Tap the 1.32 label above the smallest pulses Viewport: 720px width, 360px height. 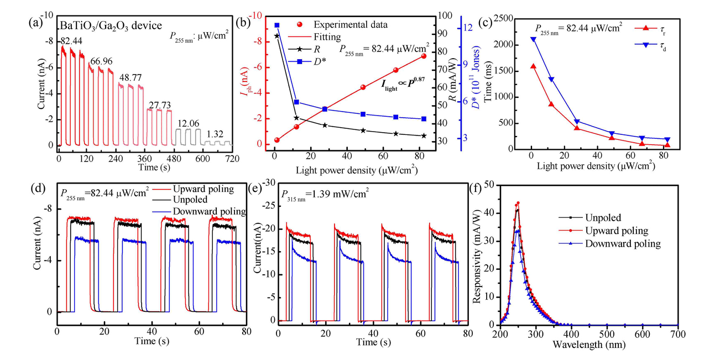tap(215, 134)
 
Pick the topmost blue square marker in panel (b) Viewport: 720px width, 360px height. tap(277, 25)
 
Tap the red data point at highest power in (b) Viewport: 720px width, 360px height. tap(424, 56)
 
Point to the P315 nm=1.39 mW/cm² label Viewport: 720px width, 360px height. tap(325, 194)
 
